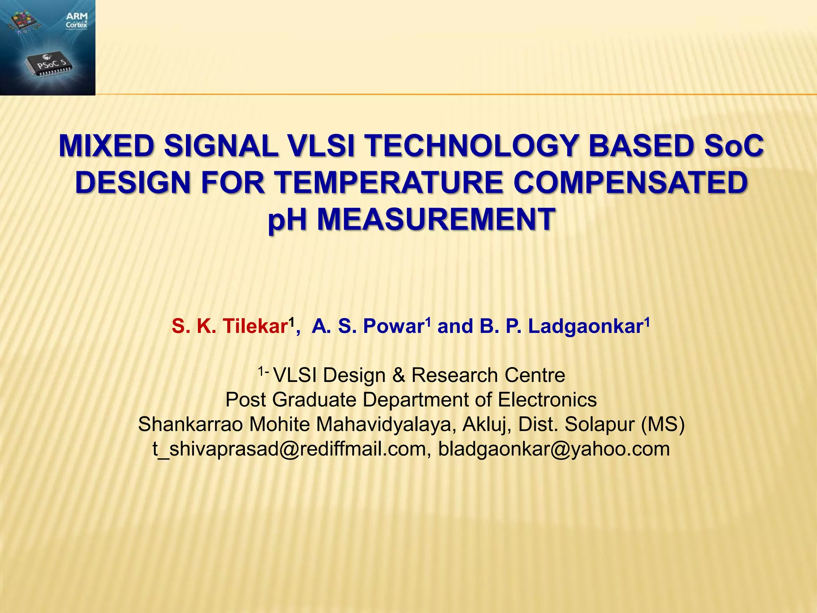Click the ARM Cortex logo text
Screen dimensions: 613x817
click(x=77, y=20)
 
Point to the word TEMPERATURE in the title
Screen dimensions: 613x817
click(x=389, y=182)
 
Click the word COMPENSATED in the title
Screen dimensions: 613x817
click(x=630, y=182)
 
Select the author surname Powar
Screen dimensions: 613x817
click(x=393, y=326)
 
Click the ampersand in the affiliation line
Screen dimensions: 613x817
click(x=398, y=375)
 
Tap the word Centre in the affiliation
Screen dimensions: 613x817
click(x=535, y=375)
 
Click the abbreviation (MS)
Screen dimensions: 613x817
click(x=663, y=424)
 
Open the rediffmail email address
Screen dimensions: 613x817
click(x=290, y=449)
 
